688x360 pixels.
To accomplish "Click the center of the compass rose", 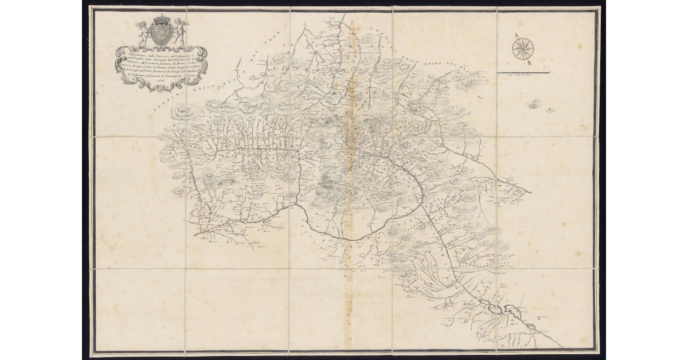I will [522, 48].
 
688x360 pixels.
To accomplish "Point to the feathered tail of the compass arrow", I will [530, 60].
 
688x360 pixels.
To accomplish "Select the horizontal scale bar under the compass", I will [523, 72].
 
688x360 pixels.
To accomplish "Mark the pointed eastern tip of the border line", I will [531, 192].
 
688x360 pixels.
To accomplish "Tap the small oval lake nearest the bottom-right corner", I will [509, 310].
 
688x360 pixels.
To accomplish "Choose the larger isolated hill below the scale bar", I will [535, 104].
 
